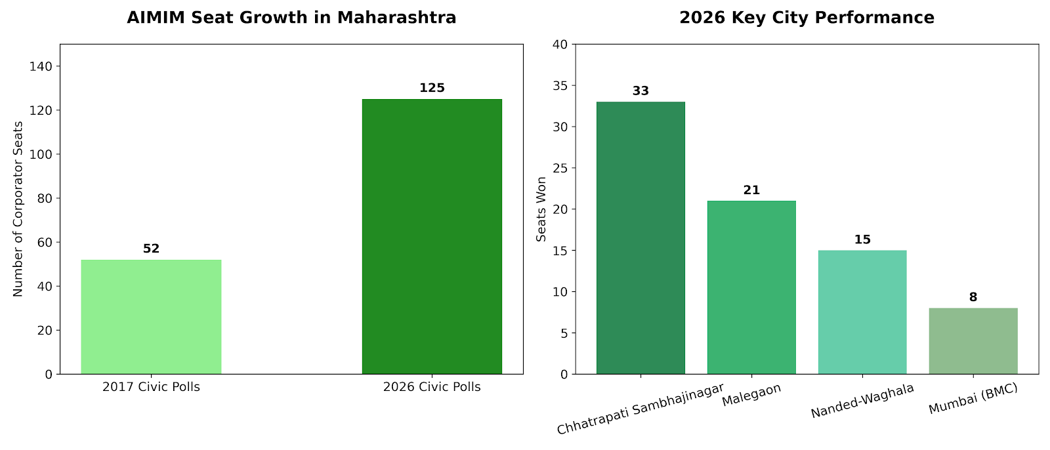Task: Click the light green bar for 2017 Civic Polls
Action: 151,317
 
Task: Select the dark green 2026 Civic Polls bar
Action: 432,236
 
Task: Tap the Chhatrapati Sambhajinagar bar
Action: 640,237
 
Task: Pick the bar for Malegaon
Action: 751,287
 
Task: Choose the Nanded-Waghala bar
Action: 862,312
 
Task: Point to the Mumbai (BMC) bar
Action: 973,341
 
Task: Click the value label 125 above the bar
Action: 432,88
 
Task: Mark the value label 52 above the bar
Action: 151,249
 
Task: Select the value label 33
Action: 640,91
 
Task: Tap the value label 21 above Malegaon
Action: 751,190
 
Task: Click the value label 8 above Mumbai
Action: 973,297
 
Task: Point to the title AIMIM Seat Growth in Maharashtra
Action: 291,18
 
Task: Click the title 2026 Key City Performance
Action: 807,18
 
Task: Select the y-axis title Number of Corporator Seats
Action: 18,209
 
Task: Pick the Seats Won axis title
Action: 541,209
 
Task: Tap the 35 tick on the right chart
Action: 562,86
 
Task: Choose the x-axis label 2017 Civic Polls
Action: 151,387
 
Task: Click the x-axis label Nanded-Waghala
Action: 862,401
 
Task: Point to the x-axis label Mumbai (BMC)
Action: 973,399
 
